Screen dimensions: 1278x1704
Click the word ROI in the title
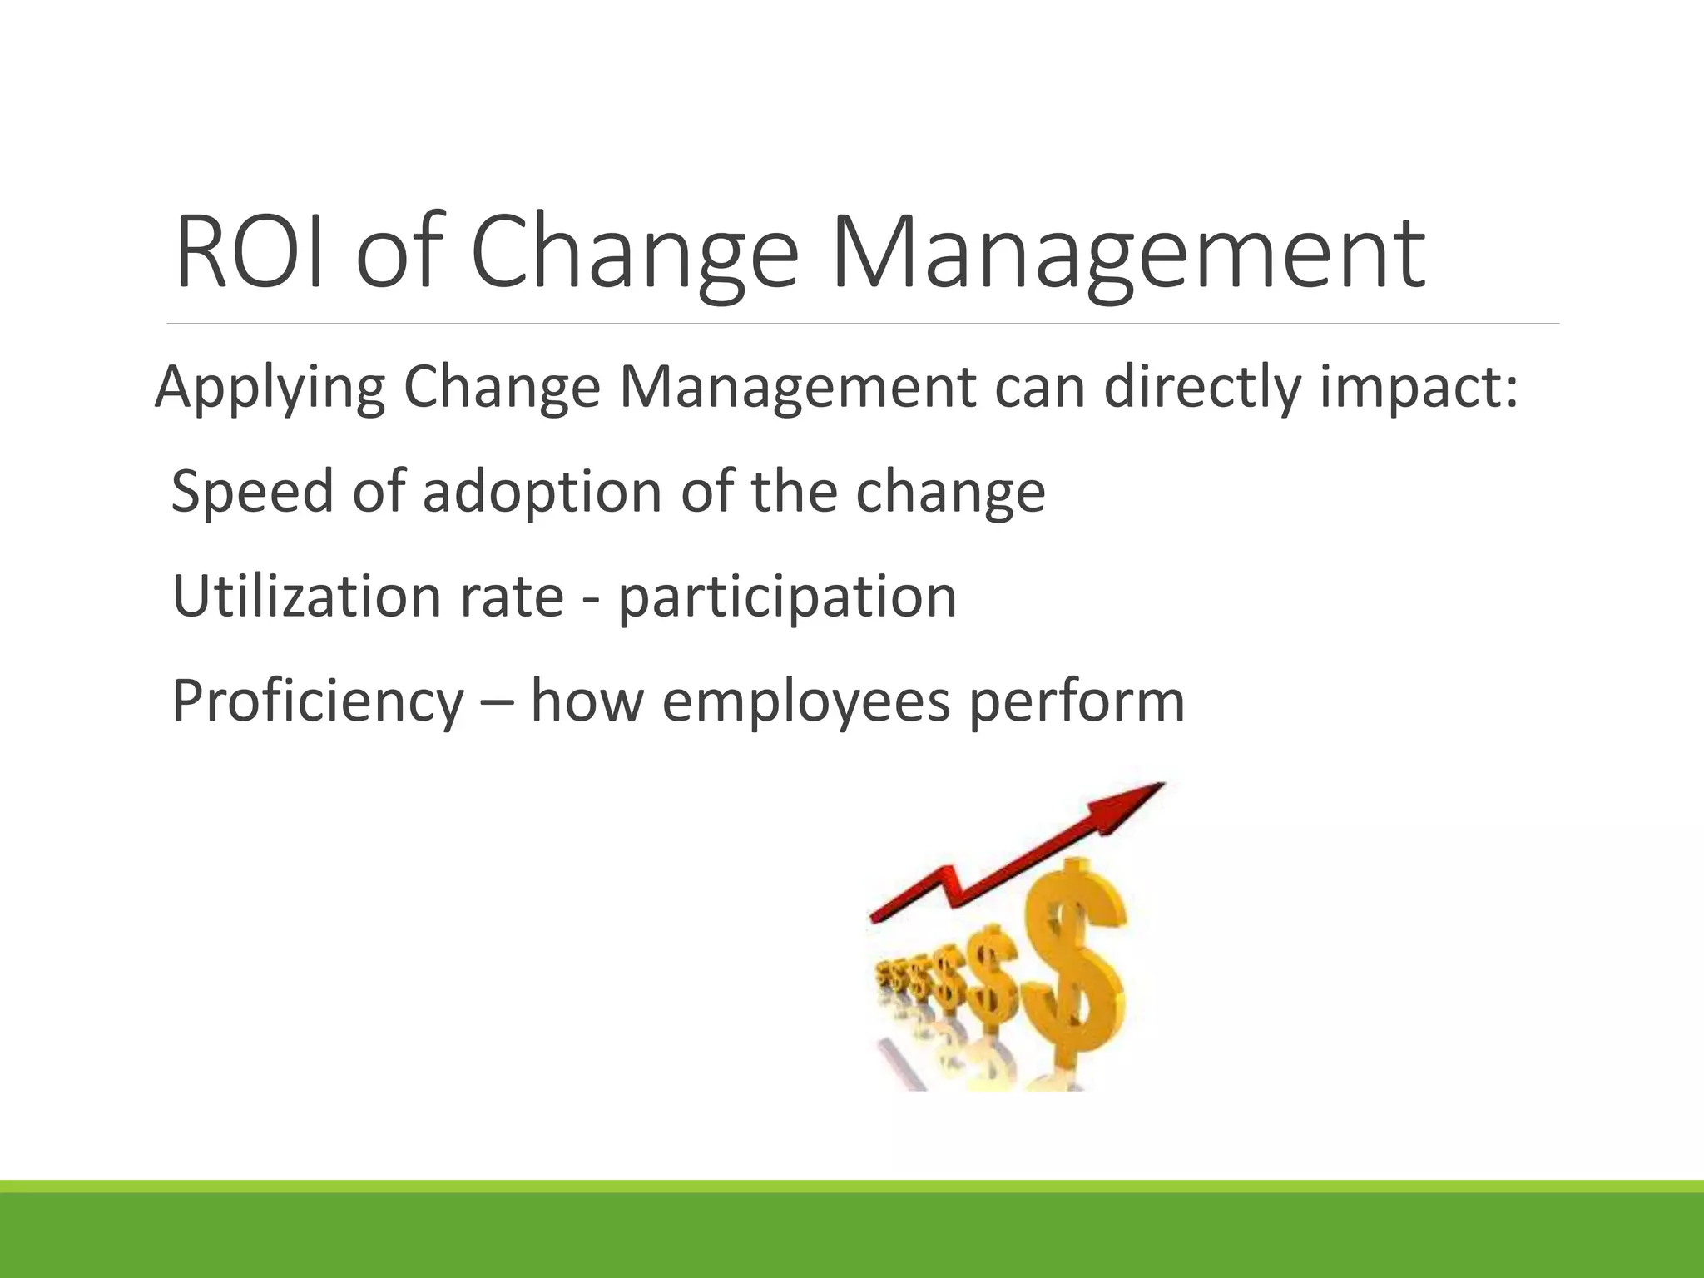tap(250, 252)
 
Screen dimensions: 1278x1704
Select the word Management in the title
tap(1128, 252)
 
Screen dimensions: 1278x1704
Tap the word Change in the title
tap(634, 252)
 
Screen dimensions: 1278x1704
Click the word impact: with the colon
tap(1419, 389)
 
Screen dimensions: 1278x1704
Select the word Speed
tap(252, 493)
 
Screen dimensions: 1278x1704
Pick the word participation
tap(787, 597)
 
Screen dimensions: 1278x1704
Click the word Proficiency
tap(317, 701)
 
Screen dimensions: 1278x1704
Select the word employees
tap(805, 701)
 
